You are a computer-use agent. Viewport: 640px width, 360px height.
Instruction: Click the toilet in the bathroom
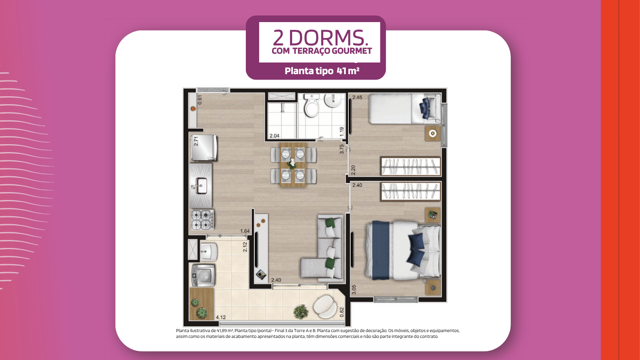tap(311, 106)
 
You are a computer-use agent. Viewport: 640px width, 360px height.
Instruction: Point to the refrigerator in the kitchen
tap(204, 147)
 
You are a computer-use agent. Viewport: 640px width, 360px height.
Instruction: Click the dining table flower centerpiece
tap(292, 163)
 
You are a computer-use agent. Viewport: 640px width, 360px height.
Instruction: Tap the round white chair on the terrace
tap(325, 306)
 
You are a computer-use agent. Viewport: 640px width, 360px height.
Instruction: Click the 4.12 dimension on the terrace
tap(221, 317)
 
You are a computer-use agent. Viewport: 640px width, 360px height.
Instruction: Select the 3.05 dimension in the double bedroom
tap(354, 290)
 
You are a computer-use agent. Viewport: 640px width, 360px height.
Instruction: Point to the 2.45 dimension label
tap(357, 97)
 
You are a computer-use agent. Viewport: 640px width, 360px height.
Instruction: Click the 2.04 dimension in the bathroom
tap(275, 136)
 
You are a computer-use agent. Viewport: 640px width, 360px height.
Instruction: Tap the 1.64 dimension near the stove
tap(245, 231)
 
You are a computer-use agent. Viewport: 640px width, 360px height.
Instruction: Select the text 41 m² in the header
tap(348, 70)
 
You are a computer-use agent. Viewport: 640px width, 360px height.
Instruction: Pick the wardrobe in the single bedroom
tap(410, 166)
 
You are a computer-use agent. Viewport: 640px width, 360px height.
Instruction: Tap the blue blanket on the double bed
tap(380, 250)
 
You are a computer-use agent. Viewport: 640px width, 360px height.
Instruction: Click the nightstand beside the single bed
tap(432, 133)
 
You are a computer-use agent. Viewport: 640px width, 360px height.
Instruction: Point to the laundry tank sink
tap(209, 251)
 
